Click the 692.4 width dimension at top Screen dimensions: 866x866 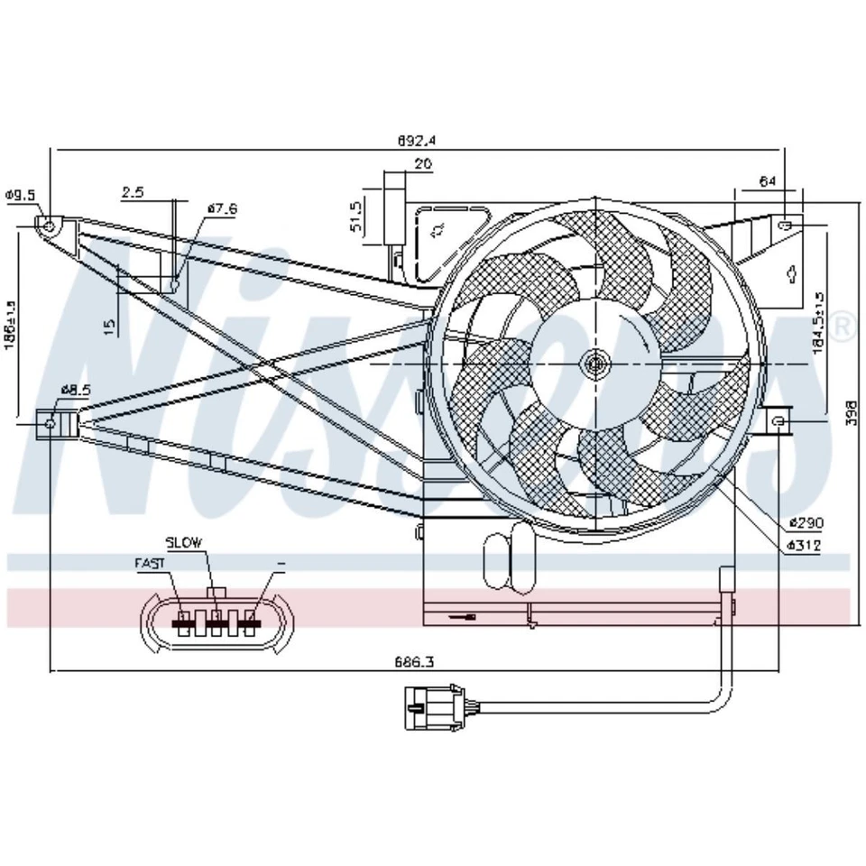(x=417, y=140)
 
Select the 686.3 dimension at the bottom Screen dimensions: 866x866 (x=414, y=661)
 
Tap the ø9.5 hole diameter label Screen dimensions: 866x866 (x=20, y=195)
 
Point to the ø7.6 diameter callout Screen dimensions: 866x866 (x=221, y=209)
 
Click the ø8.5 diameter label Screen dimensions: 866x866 (x=76, y=390)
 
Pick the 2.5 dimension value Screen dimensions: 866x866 (x=133, y=192)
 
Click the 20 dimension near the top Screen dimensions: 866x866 (x=422, y=164)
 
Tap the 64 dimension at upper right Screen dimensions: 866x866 (x=767, y=181)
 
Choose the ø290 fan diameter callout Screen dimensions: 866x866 (x=803, y=522)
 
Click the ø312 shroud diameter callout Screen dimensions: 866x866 (x=803, y=546)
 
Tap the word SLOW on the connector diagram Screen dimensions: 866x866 (x=185, y=542)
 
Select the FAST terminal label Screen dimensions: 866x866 (x=150, y=563)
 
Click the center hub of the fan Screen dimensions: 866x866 (x=595, y=364)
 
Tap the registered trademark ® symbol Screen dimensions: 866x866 (x=843, y=327)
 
